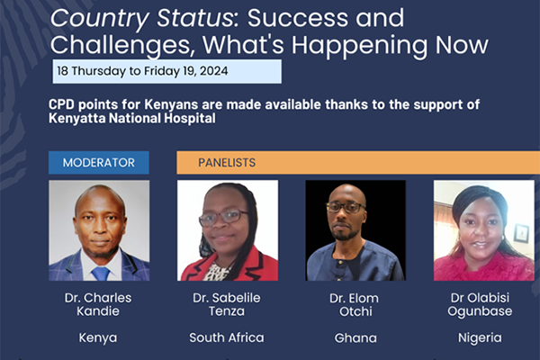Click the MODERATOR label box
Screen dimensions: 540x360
(x=99, y=163)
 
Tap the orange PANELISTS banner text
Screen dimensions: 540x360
(x=227, y=163)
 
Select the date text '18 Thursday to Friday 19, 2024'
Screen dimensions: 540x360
(x=142, y=71)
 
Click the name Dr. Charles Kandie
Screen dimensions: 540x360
(x=98, y=304)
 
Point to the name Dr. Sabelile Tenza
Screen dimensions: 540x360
(x=227, y=304)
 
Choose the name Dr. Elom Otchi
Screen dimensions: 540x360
(x=355, y=305)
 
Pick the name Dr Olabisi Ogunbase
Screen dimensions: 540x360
(x=480, y=304)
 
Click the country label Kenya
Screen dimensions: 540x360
(x=98, y=338)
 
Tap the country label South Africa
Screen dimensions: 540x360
(x=227, y=337)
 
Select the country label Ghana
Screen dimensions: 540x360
(x=355, y=338)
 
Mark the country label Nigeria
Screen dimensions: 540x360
(x=480, y=338)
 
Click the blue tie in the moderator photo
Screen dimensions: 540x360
(x=101, y=274)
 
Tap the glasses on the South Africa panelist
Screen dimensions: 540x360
(x=223, y=218)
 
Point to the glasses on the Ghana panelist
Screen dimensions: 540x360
(x=346, y=207)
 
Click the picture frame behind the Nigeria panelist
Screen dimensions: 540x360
(x=521, y=233)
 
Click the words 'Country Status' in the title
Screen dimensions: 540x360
(x=141, y=19)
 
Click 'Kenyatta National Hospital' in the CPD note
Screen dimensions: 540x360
(x=132, y=118)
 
